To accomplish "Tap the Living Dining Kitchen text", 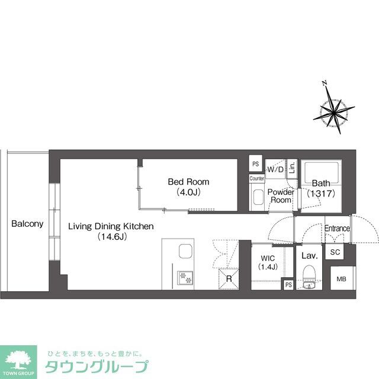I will tap(111, 226).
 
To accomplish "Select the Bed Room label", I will tap(188, 182).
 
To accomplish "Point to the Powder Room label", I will tap(281, 196).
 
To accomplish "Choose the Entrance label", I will tap(338, 229).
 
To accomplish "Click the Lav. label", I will tap(310, 256).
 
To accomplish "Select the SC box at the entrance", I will tap(335, 252).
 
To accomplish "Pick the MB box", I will tap(342, 280).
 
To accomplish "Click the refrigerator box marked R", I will tap(228, 279).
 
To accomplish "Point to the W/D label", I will tap(275, 170).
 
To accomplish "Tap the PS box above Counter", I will tap(256, 164).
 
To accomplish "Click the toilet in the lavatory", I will tap(309, 277).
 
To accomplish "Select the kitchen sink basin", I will tap(185, 251).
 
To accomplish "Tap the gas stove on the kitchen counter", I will tap(185, 276).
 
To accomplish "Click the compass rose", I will tap(333, 111).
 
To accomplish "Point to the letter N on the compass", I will tap(323, 83).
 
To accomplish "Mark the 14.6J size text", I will tap(111, 237).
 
